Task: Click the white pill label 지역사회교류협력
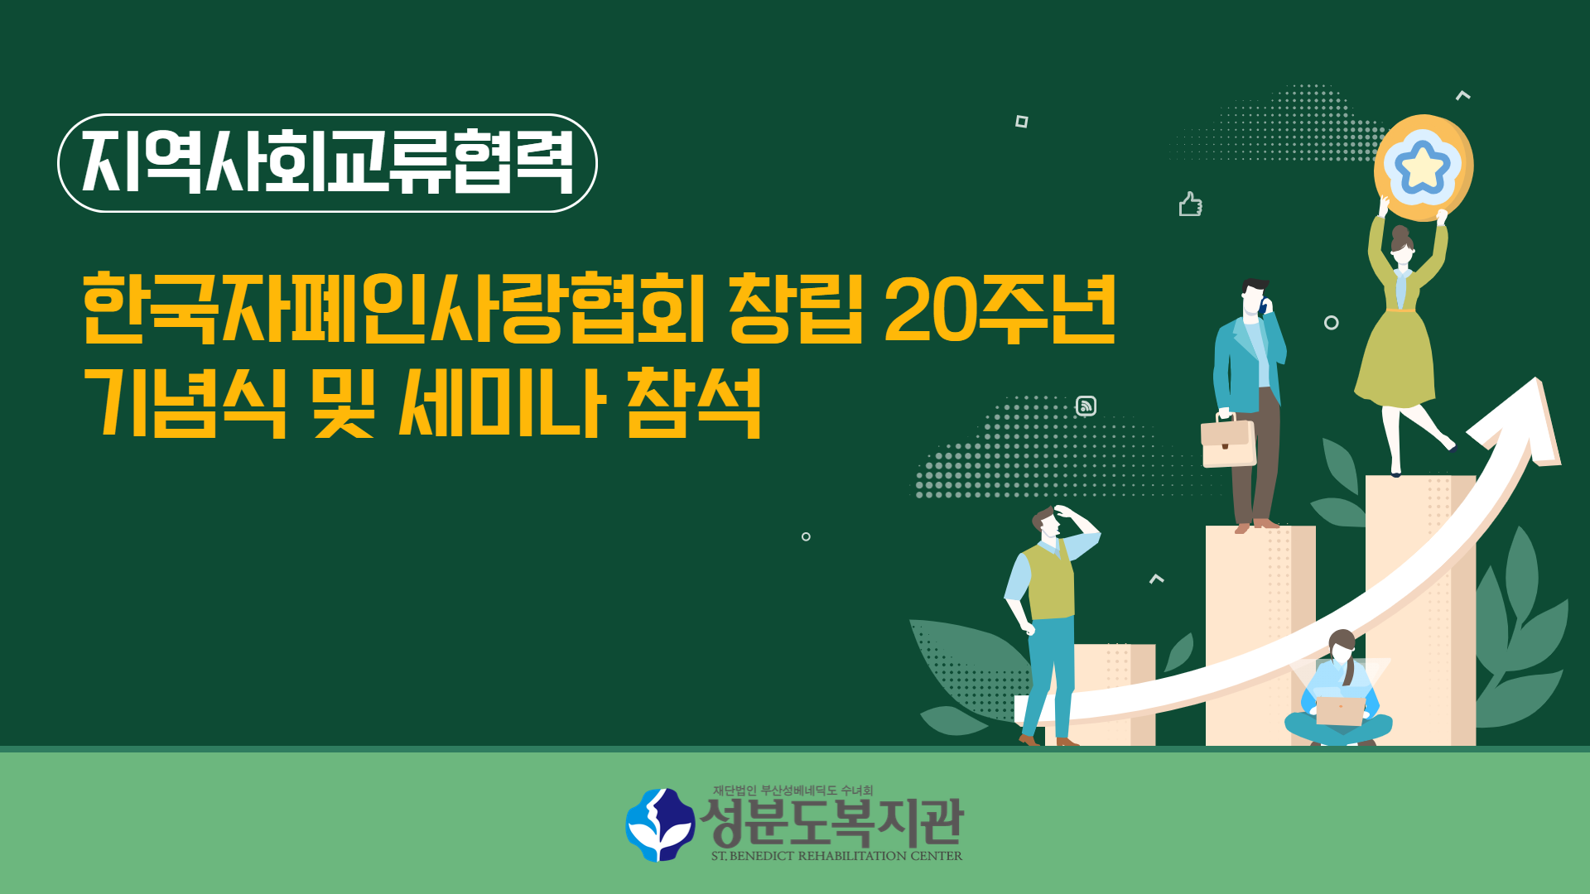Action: (x=327, y=163)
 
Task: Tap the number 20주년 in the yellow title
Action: (x=1000, y=308)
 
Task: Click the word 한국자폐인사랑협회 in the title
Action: (x=394, y=308)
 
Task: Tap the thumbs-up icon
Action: (x=1190, y=204)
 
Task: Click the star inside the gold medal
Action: (x=1422, y=166)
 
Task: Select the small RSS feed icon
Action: (x=1086, y=406)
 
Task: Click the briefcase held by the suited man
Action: (x=1228, y=442)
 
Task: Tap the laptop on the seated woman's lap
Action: (x=1340, y=710)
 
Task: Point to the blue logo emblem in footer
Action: (x=660, y=824)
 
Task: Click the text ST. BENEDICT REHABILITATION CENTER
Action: (x=836, y=856)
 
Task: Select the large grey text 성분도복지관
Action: (x=832, y=822)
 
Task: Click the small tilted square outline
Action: (x=1022, y=122)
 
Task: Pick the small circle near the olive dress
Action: (x=1331, y=323)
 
